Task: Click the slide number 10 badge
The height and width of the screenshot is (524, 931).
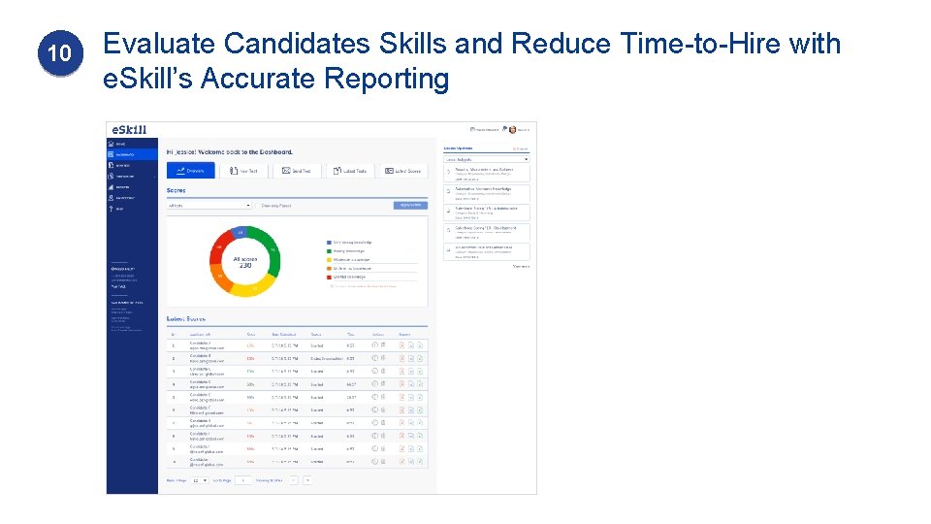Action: click(59, 54)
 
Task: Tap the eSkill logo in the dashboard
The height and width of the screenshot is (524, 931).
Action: click(129, 129)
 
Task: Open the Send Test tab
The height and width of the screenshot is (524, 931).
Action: click(297, 171)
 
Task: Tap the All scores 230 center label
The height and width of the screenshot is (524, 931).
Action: click(245, 261)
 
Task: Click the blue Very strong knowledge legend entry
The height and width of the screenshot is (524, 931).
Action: click(351, 243)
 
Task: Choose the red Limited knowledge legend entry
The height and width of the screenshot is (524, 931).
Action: click(351, 277)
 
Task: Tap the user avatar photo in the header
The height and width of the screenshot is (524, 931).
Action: click(511, 129)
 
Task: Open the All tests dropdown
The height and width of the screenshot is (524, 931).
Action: click(209, 206)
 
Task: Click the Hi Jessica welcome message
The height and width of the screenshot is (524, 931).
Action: click(230, 152)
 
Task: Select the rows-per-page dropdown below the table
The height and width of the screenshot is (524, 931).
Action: click(199, 480)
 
